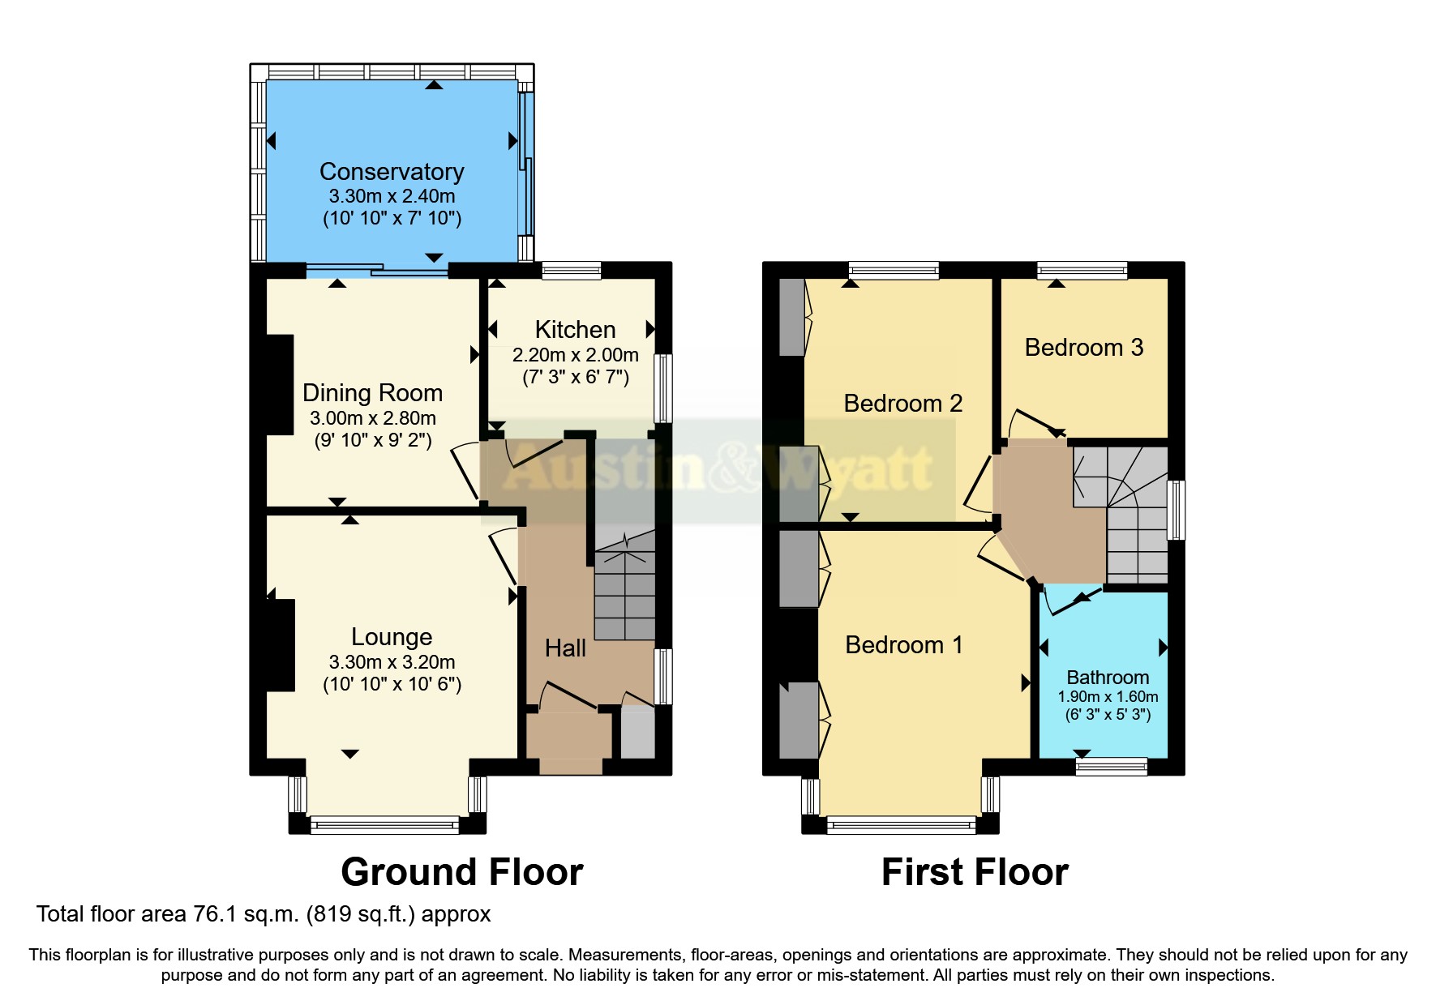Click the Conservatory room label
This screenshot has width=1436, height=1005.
pos(392,172)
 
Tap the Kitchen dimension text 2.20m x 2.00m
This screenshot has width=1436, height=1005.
pos(575,355)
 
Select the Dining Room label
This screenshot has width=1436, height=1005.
pos(372,393)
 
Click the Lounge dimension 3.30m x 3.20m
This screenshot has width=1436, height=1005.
pos(392,662)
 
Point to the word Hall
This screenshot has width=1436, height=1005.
pos(565,648)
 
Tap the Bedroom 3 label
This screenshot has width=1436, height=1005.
pos(1083,348)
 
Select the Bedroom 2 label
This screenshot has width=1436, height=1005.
pos(902,404)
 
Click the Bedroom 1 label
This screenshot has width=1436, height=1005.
pos(903,645)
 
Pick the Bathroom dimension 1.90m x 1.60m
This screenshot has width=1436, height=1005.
pos(1108,697)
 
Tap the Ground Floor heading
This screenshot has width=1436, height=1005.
pos(461,872)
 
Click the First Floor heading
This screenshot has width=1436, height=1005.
pos(975,872)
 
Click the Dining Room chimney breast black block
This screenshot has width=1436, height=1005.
pos(280,385)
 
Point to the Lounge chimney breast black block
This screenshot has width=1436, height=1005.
pos(280,645)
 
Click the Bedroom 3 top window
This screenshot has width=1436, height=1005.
pos(1082,270)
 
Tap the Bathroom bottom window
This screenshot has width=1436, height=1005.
pos(1111,766)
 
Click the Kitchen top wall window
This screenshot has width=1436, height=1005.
pos(572,270)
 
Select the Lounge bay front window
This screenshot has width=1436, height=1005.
pos(385,825)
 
